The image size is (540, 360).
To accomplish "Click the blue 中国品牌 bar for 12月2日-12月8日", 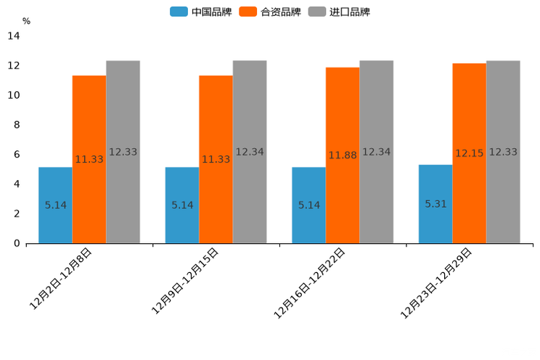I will (55, 205).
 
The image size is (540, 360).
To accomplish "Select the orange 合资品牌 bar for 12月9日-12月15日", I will (216, 160).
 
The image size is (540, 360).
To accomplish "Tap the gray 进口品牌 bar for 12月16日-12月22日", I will (376, 152).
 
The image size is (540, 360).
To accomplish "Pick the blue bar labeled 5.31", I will (435, 204).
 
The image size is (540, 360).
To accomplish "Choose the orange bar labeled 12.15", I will (469, 153).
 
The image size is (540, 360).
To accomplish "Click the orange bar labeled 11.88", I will (343, 155).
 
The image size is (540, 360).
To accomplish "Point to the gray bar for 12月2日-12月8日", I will (123, 152).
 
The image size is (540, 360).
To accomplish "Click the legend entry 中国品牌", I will (201, 12).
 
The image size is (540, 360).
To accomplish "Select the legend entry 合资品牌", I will (270, 12).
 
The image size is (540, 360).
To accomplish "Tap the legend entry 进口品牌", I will (339, 12).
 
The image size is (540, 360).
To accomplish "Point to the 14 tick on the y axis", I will (14, 36).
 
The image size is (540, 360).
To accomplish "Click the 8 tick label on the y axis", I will (16, 125).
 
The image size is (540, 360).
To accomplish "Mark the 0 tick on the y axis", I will (16, 243).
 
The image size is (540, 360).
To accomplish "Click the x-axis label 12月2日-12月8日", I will (61, 279).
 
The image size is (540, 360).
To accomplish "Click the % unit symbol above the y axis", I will (26, 21).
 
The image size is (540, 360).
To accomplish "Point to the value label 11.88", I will (343, 155).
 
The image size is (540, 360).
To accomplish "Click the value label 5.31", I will (435, 204).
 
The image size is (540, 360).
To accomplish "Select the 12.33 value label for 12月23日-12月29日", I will (503, 152).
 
